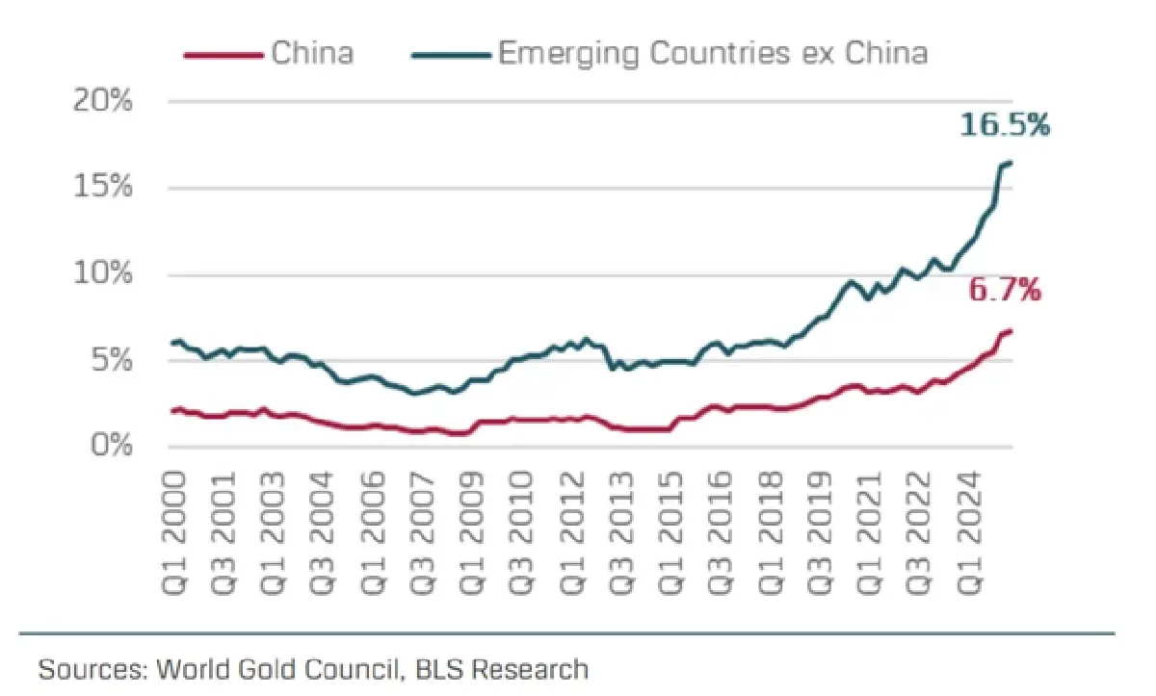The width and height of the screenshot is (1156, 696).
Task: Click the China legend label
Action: point(312,52)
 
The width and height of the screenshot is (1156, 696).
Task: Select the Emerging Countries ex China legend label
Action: point(713,52)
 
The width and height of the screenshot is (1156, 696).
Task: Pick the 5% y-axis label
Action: point(112,361)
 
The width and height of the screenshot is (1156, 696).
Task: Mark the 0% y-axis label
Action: point(112,447)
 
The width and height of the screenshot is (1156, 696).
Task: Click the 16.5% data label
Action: point(1004,125)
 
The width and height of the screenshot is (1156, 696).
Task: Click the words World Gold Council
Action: point(280,668)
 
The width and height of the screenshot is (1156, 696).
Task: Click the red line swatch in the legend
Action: point(223,54)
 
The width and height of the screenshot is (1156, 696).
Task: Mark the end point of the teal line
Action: point(1010,163)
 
